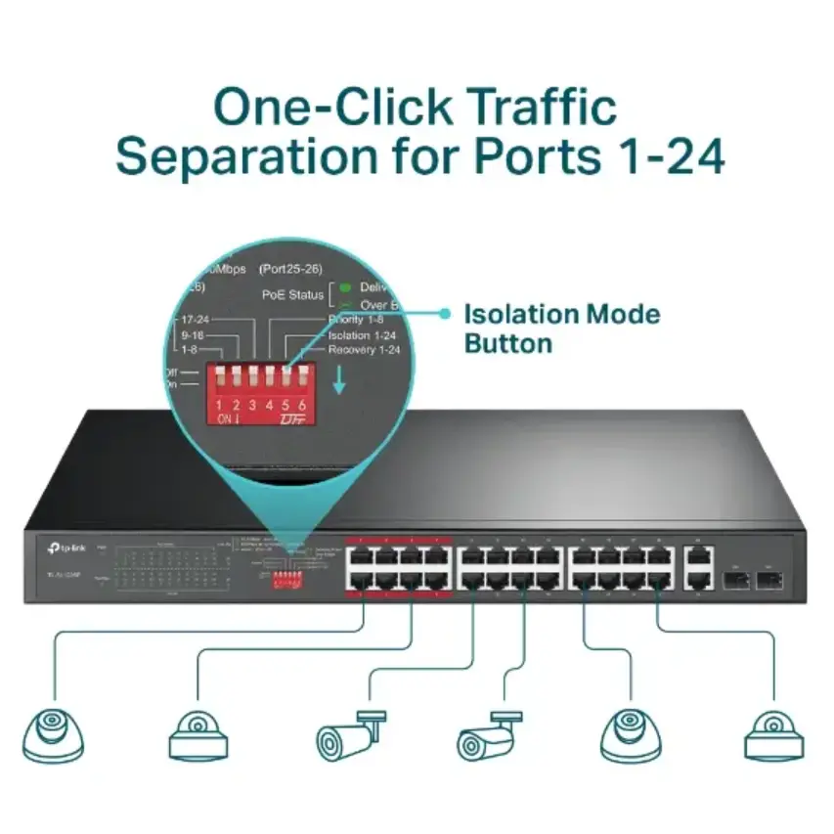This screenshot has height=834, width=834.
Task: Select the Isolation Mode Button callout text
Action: point(561,329)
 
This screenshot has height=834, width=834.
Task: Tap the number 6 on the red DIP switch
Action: point(302,403)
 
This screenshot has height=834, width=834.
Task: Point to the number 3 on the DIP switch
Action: point(252,403)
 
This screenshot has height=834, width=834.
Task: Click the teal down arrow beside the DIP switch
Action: point(339,380)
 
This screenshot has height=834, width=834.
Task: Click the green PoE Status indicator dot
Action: point(344,287)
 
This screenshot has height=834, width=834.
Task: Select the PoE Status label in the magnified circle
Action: point(293,294)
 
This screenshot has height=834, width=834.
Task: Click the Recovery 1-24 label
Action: point(365,349)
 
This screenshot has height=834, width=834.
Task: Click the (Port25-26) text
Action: point(290,268)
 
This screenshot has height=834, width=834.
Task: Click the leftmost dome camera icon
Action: point(51,731)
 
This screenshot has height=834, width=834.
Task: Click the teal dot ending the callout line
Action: point(445,314)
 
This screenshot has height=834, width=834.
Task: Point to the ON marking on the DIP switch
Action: point(225,418)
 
